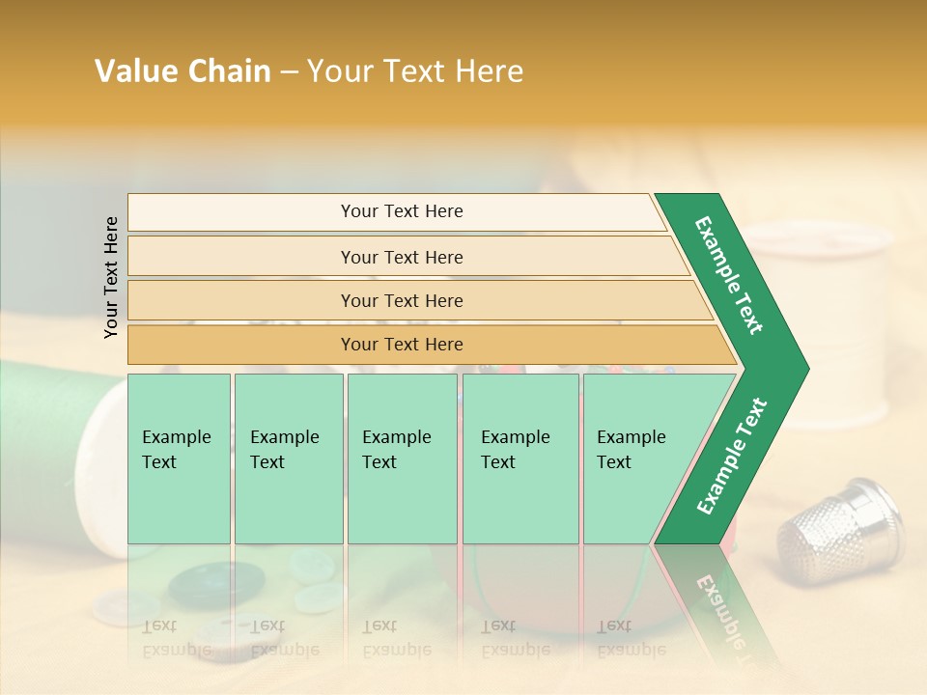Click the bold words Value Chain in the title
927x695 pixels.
pos(183,71)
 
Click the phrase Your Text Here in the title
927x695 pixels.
pos(415,71)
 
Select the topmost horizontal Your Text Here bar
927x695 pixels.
pos(396,211)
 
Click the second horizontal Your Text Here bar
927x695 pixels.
pos(402,257)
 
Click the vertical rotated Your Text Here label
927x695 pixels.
pos(111,277)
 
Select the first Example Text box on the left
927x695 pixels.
pos(179,459)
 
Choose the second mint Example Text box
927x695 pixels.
pos(288,459)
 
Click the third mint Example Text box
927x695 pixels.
pos(402,459)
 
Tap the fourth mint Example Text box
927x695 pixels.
pos(521,459)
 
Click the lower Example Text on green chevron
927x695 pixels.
pos(732,457)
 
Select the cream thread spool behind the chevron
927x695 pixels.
pos(850,319)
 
